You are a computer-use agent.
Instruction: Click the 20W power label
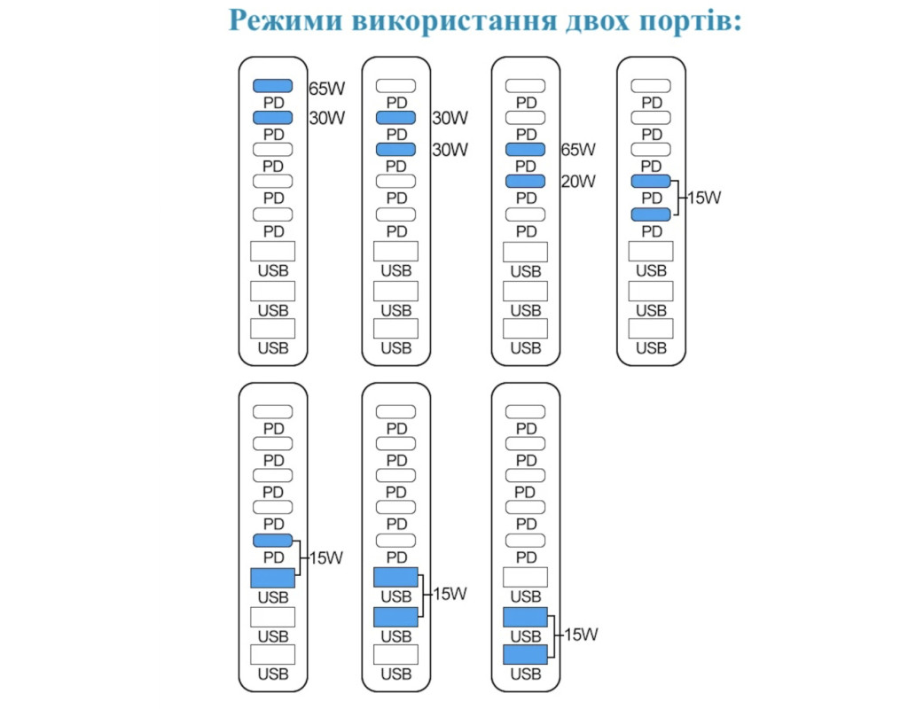(578, 182)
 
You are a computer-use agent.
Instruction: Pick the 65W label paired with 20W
(578, 150)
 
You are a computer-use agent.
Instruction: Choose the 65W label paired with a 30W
(326, 89)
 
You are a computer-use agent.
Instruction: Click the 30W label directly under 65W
(326, 118)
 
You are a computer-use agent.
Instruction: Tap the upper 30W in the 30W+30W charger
(450, 118)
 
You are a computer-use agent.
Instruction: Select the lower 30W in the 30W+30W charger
(450, 150)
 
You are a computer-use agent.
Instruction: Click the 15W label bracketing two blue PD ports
(704, 198)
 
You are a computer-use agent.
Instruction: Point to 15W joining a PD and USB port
(326, 558)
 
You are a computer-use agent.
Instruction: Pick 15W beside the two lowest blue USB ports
(581, 635)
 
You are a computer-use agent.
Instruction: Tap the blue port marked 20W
(525, 181)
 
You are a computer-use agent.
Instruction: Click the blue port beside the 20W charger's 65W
(525, 149)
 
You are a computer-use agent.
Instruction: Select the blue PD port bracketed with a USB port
(273, 541)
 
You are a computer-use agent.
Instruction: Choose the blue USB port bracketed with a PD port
(273, 578)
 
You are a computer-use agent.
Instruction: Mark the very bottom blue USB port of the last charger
(525, 655)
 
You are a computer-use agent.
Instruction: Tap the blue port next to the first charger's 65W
(273, 86)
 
